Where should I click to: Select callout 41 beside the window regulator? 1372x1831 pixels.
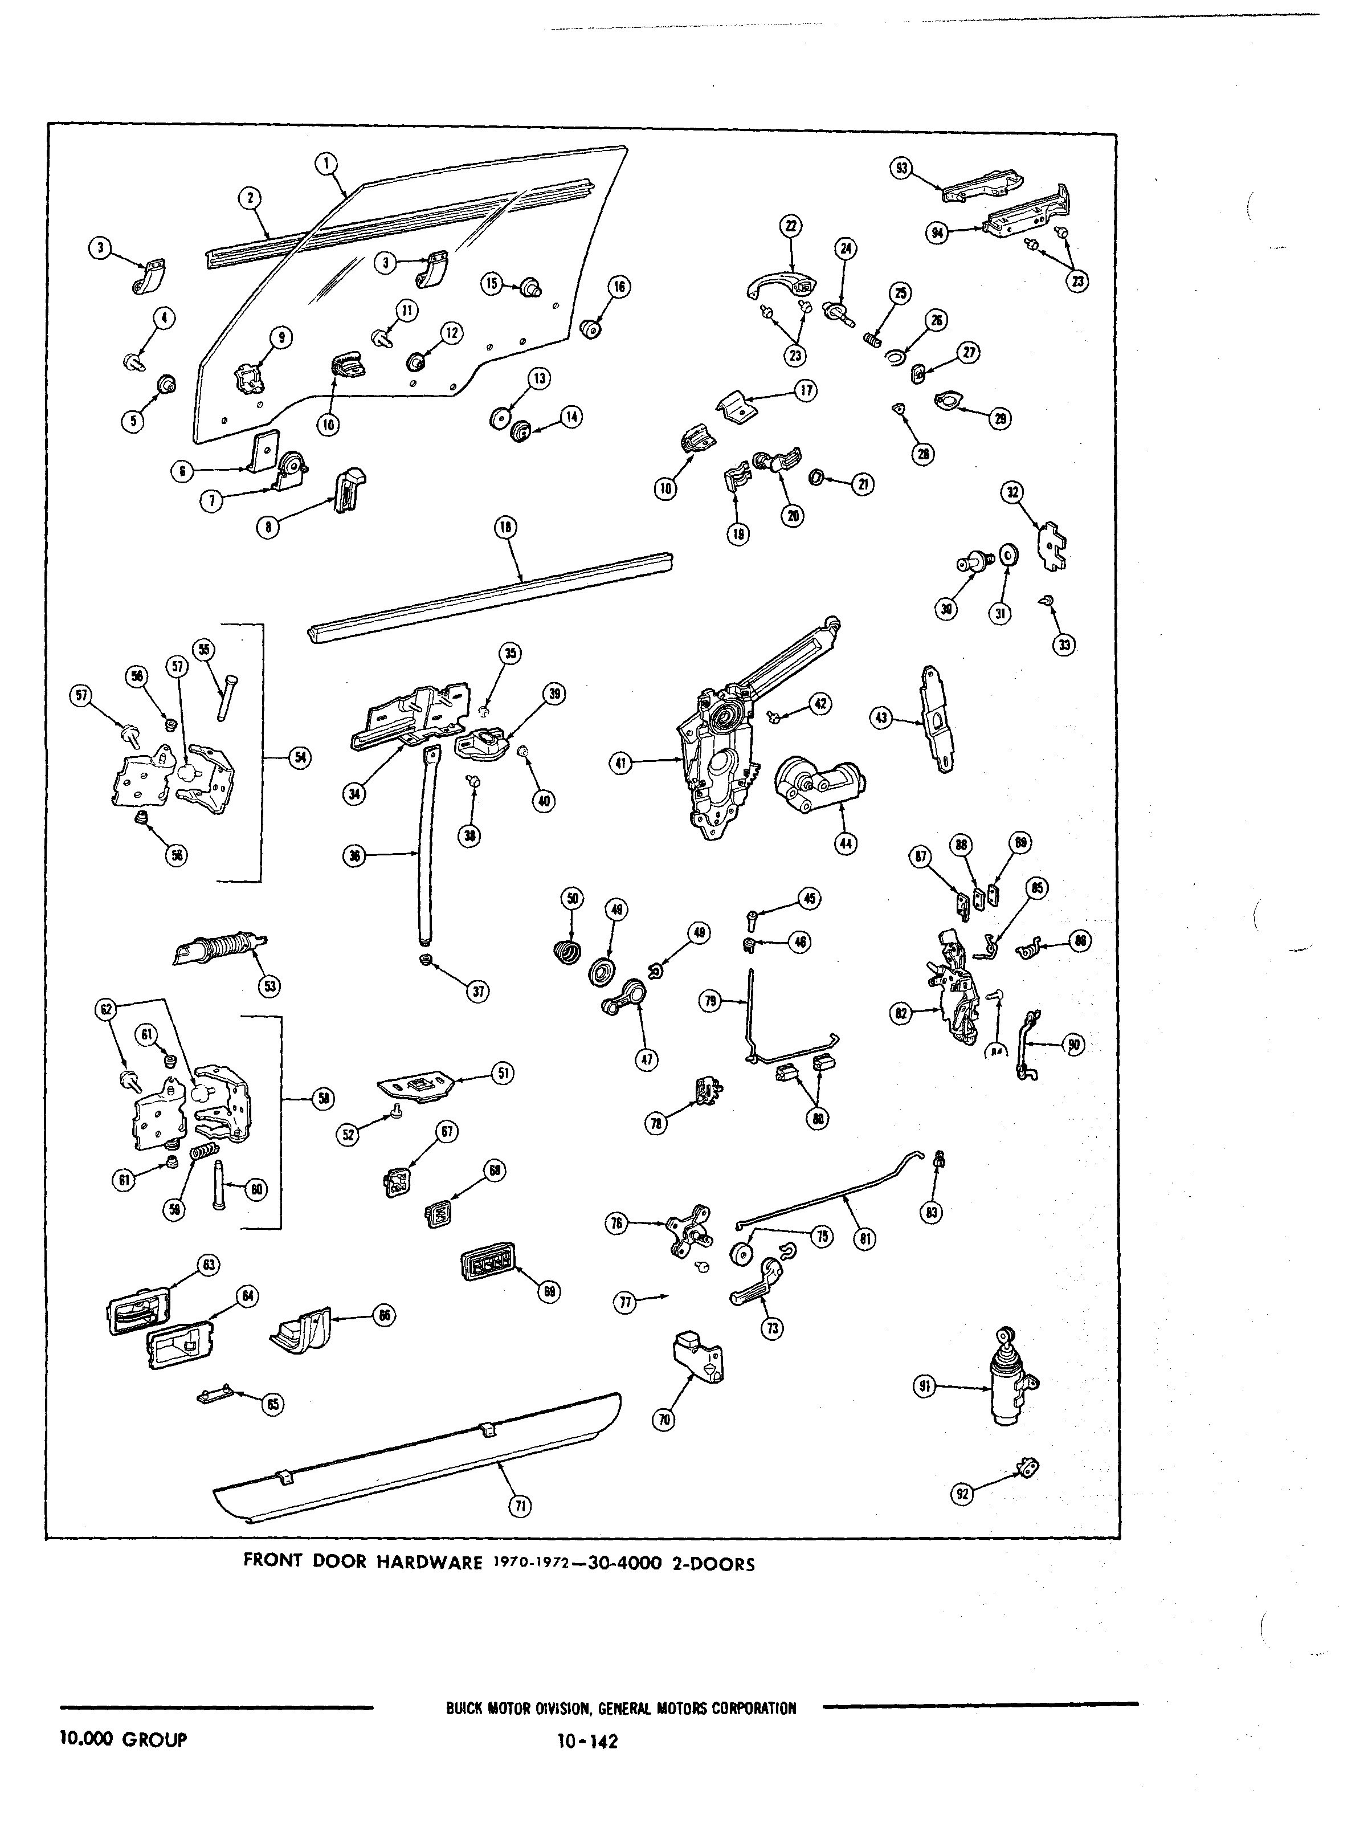coord(620,763)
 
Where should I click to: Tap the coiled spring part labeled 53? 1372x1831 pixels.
coord(219,947)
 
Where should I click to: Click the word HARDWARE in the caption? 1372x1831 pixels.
coord(430,1563)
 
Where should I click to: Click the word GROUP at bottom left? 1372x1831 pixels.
coord(155,1739)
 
